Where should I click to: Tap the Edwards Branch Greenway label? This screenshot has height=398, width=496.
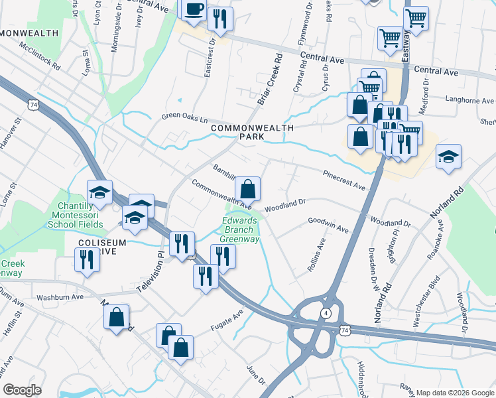(x=240, y=230)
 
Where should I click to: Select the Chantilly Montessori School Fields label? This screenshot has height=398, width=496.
(x=75, y=216)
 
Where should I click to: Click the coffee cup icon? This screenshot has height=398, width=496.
(x=194, y=11)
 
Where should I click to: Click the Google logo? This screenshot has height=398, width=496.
(x=22, y=389)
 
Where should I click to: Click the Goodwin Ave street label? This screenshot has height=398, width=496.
(x=328, y=226)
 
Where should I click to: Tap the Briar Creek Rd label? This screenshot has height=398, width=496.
(x=271, y=84)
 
